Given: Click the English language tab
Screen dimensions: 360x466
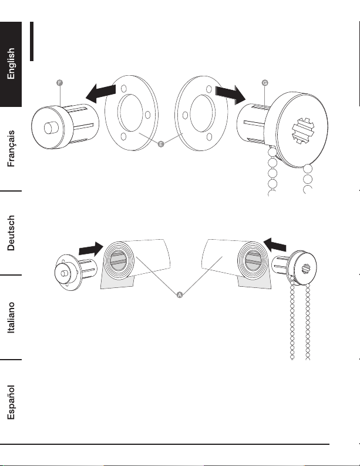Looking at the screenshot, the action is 11,64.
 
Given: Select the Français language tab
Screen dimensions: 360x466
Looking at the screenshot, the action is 11,149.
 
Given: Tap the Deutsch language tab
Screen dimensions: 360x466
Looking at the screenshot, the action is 11,233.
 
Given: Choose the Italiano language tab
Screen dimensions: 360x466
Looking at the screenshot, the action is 11,317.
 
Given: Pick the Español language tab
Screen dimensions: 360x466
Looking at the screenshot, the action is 11,401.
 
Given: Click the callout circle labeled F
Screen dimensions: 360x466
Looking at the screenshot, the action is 59,83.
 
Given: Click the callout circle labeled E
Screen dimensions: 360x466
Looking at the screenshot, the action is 160,145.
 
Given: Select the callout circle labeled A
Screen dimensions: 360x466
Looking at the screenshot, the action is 180,295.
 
